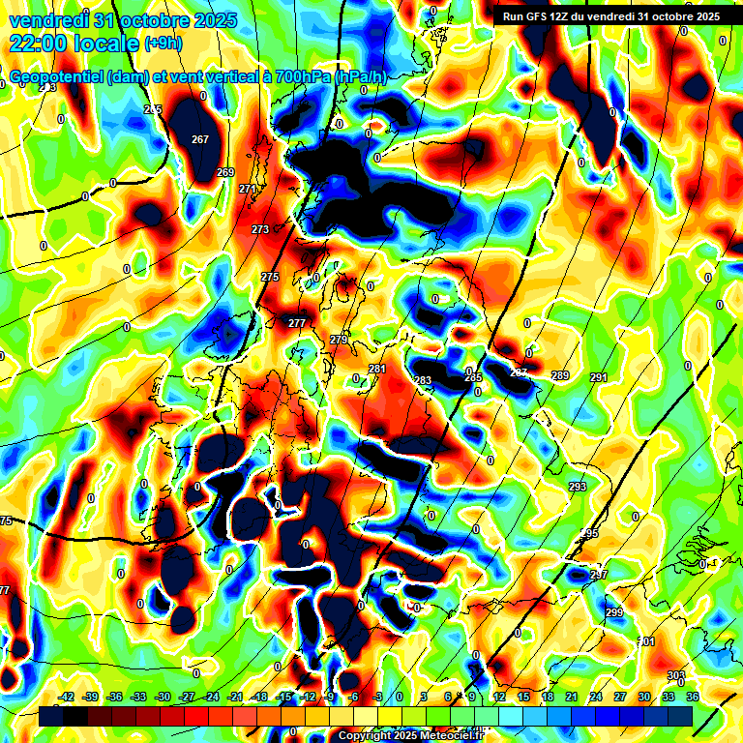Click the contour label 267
(x=200, y=139)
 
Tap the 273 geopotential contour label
(x=260, y=229)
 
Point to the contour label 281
(x=377, y=370)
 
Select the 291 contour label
(x=598, y=377)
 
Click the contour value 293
(x=578, y=487)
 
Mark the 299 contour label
(x=614, y=613)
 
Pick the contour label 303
(x=676, y=675)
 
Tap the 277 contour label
(x=297, y=323)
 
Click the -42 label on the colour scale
(x=67, y=697)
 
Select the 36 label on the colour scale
(x=693, y=697)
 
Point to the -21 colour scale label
(x=235, y=697)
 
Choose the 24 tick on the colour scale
(x=596, y=697)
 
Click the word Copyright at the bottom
(x=364, y=735)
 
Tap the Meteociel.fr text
(x=436, y=735)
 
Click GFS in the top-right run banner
(x=533, y=16)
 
